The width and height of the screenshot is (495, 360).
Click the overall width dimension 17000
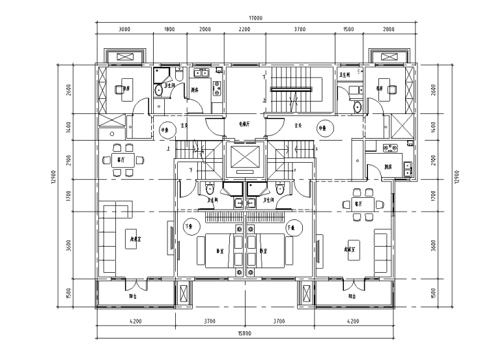pos(255,18)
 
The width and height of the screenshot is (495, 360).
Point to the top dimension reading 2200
pos(245,29)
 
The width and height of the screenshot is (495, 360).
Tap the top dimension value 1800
pos(168,29)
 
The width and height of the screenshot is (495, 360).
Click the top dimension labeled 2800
pos(388,29)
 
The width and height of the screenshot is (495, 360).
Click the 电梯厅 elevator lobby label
pos(245,123)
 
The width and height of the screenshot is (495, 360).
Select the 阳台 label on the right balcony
pos(352,296)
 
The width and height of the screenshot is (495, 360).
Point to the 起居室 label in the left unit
pos(135,238)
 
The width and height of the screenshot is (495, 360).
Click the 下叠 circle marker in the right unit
pos(291,227)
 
